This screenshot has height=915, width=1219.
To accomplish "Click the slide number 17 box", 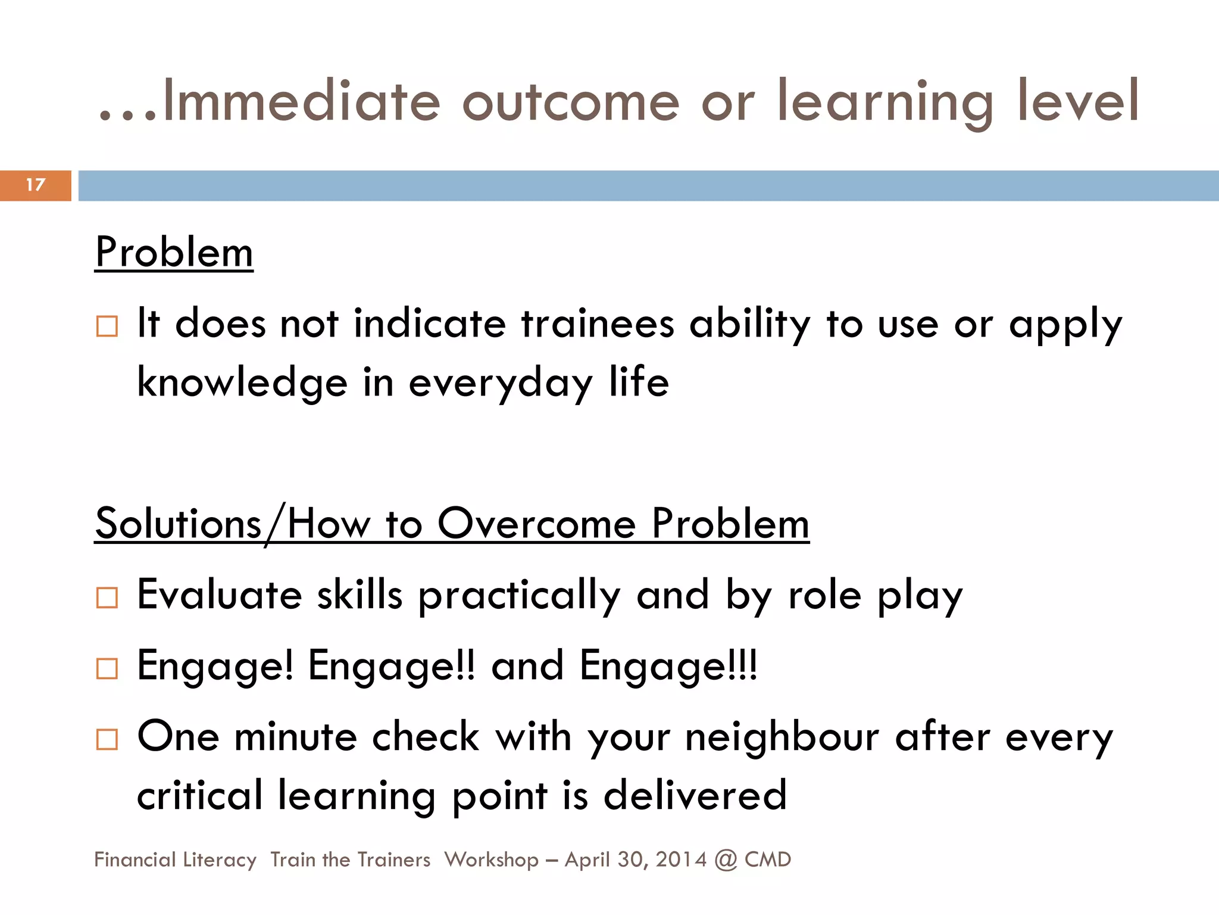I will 36,185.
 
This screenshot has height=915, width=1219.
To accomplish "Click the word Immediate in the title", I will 301,101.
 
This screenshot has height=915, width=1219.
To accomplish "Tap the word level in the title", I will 1077,101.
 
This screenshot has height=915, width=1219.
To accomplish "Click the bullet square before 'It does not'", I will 107,326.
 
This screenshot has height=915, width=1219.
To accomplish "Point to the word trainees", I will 598,325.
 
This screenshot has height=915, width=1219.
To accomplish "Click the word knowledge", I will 242,383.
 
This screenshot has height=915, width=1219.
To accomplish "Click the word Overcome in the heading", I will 537,524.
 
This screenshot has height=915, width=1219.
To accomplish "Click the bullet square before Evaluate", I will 107,597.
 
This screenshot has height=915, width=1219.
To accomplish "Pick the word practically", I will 520,596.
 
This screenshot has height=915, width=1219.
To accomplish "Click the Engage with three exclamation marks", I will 668,666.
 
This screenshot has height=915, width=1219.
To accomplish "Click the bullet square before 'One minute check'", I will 107,739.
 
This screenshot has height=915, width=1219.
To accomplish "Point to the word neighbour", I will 782,737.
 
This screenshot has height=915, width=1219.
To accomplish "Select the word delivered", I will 695,795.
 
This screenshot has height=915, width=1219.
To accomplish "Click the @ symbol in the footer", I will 726,860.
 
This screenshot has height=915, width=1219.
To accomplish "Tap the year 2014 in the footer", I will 681,860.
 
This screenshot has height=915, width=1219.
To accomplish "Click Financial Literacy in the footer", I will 175,860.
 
